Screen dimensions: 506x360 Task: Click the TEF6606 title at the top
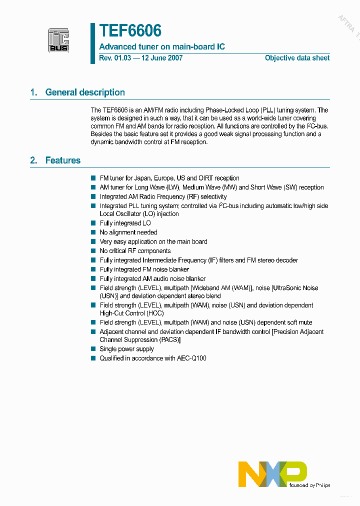click(x=130, y=31)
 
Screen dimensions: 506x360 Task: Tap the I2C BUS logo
click(x=58, y=40)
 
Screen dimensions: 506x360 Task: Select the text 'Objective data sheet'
click(x=297, y=58)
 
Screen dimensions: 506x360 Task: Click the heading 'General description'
click(x=85, y=92)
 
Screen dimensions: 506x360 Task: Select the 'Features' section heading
click(x=62, y=160)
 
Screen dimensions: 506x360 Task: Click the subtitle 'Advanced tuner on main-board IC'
click(x=162, y=46)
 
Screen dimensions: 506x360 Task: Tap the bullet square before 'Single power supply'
click(x=93, y=349)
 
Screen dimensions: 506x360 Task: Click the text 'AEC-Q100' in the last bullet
click(x=192, y=358)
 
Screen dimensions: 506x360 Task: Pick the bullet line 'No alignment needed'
click(x=128, y=232)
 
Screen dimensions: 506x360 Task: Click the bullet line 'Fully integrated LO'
click(x=125, y=223)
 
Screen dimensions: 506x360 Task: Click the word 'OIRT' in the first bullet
click(x=205, y=178)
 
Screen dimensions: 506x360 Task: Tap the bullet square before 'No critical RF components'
click(x=93, y=251)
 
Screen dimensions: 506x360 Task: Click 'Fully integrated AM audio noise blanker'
click(x=152, y=279)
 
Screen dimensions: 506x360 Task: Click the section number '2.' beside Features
click(x=34, y=160)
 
